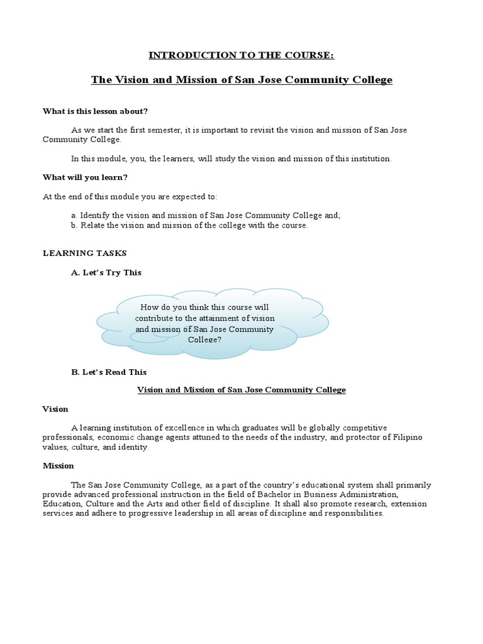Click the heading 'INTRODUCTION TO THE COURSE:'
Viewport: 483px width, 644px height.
241,55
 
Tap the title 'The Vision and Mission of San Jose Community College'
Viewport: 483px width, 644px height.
241,80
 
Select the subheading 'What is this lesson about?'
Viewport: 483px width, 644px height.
95,111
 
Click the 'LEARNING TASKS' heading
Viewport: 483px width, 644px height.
84,253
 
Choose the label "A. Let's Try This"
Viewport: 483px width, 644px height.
106,272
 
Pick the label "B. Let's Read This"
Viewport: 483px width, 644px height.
109,372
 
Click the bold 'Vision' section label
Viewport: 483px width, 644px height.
55,409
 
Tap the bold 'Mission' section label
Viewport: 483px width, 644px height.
58,466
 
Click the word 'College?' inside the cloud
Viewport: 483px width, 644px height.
205,340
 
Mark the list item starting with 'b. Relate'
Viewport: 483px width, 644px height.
189,226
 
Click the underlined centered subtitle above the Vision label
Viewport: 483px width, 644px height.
241,390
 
